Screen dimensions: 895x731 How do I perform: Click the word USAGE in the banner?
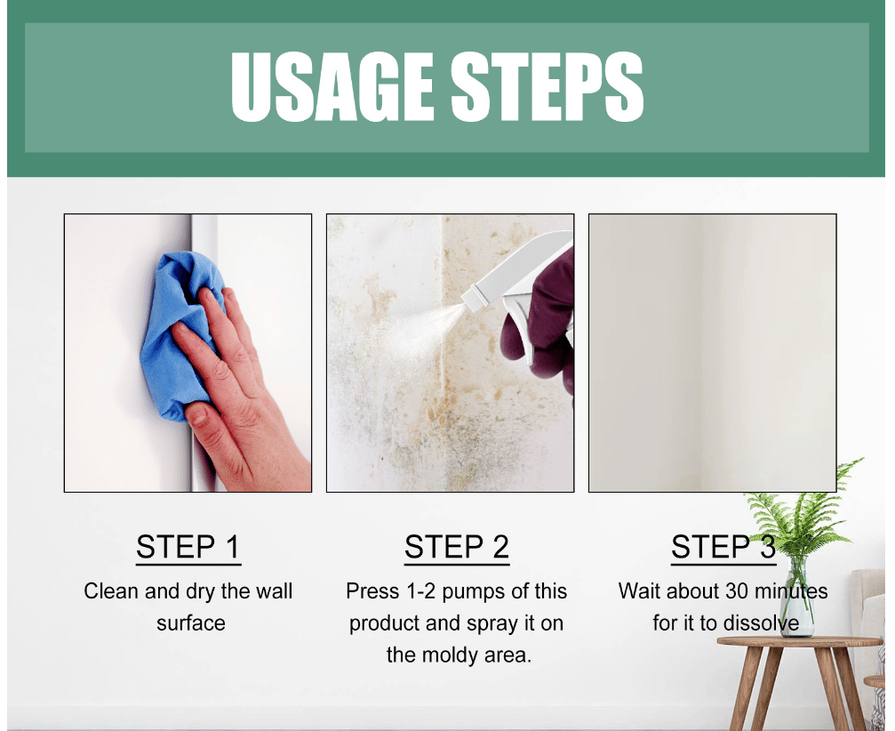[332, 86]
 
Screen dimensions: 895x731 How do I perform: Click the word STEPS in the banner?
[547, 86]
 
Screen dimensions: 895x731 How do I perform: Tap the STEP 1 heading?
[188, 547]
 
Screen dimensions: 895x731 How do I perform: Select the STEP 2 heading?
[457, 547]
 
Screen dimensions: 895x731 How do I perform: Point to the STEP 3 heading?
[723, 547]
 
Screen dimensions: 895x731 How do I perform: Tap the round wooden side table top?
[800, 642]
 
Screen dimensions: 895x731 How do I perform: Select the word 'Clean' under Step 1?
[111, 591]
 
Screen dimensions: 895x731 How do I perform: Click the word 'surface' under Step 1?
[191, 623]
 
